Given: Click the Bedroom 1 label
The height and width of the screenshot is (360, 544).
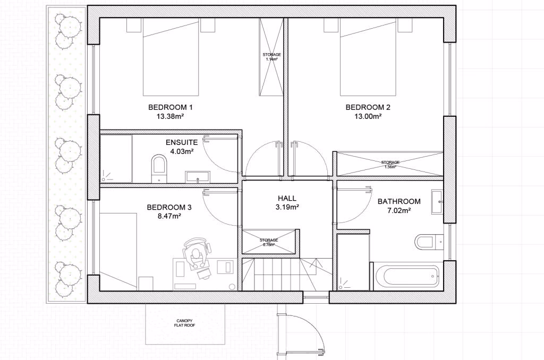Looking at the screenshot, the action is tap(170, 107).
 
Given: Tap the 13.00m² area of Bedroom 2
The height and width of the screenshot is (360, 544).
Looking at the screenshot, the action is tap(368, 116).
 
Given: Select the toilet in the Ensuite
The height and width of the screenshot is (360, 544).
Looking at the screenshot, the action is tap(159, 168).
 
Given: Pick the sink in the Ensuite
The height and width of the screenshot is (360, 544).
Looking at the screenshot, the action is tap(198, 176).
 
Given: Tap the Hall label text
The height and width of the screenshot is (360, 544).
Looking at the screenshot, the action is tap(287, 199).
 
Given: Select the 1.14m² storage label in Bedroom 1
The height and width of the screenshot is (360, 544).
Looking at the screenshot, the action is tap(271, 57).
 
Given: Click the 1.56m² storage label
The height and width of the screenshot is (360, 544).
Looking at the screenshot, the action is tap(390, 165).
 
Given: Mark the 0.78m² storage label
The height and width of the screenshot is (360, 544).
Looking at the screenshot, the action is tap(269, 242).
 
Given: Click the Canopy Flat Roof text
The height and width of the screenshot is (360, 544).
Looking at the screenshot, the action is tap(185, 323).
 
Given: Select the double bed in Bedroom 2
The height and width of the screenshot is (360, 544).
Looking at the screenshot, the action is tap(368, 57).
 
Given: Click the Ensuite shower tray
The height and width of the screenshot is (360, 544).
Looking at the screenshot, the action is tap(116, 158).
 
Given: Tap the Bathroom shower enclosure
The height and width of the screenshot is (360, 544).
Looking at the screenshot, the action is tap(353, 262).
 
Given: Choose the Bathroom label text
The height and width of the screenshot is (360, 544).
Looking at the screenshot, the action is tap(399, 201).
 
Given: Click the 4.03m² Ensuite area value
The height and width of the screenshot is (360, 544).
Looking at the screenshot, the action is tap(182, 151).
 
